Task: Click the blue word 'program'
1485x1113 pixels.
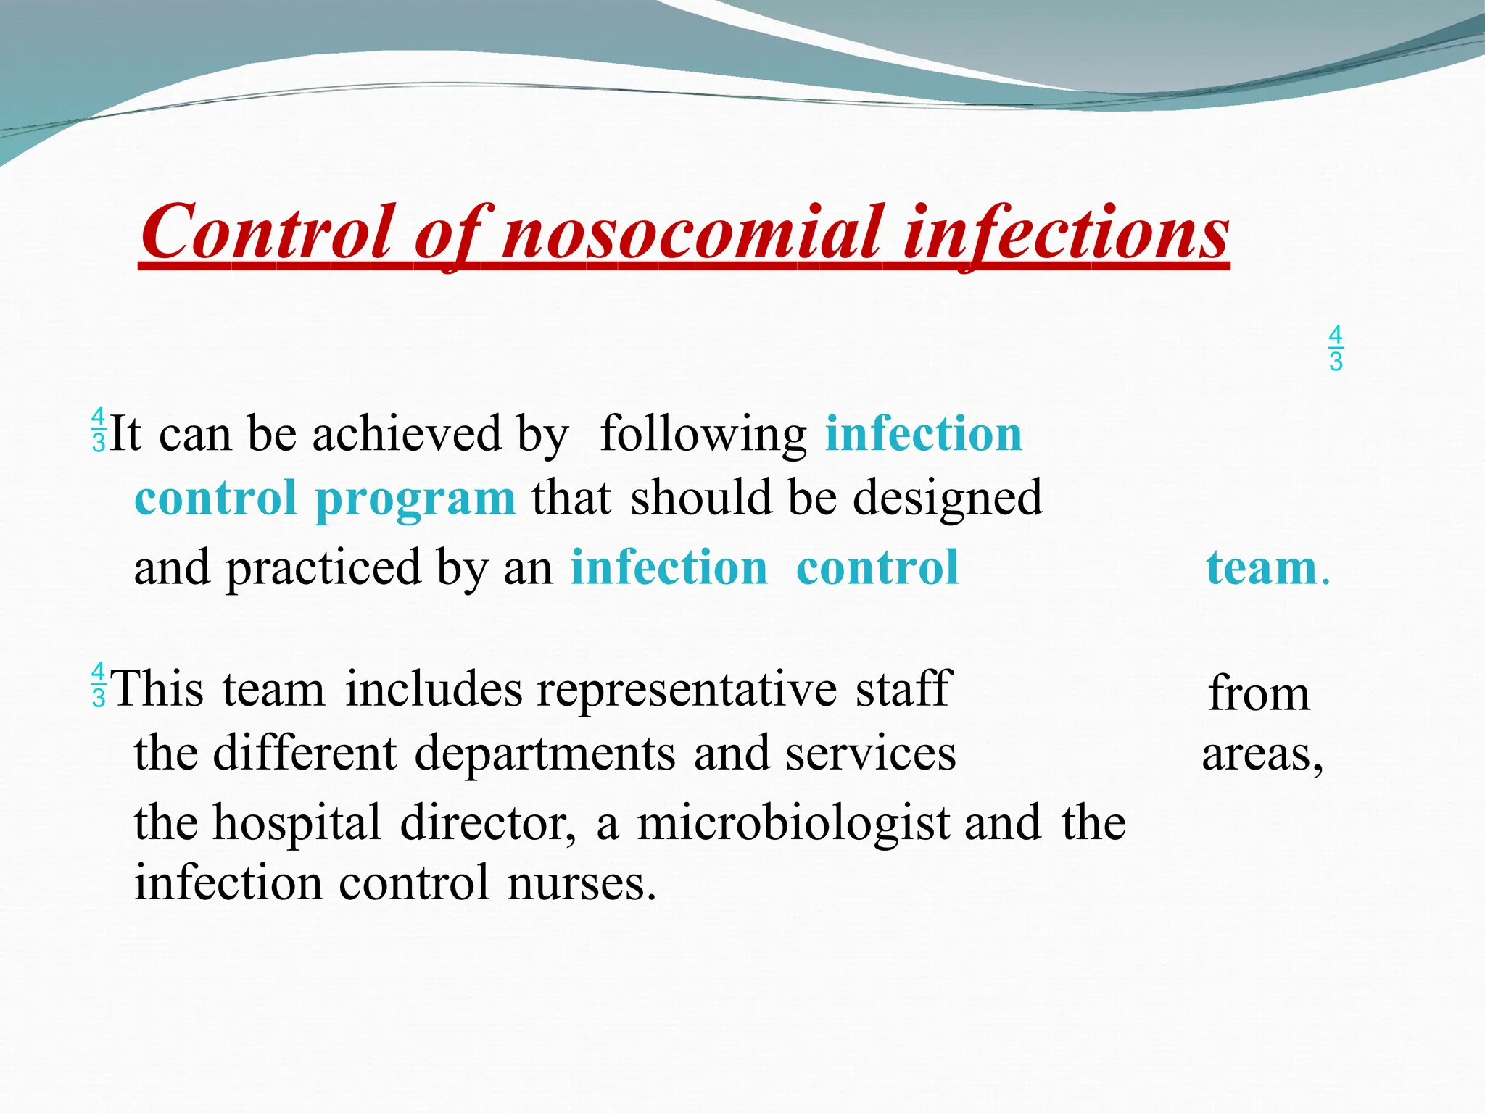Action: pos(415,499)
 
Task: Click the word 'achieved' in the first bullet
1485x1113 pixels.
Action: pos(407,434)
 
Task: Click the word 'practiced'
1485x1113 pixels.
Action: pos(323,569)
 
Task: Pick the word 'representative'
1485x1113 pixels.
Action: pos(687,689)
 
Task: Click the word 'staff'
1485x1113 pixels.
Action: pos(902,689)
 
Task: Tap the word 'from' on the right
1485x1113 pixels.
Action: pos(1259,693)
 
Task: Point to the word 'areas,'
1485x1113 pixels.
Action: pos(1262,754)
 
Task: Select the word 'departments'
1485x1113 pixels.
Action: pos(545,754)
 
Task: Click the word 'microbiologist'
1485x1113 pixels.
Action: pos(793,824)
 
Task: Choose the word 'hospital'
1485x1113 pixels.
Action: pos(297,824)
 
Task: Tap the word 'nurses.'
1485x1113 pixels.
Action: pos(582,883)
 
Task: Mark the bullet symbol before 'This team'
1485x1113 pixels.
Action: pos(99,685)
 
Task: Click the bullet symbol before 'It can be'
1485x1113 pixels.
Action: pos(99,430)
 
